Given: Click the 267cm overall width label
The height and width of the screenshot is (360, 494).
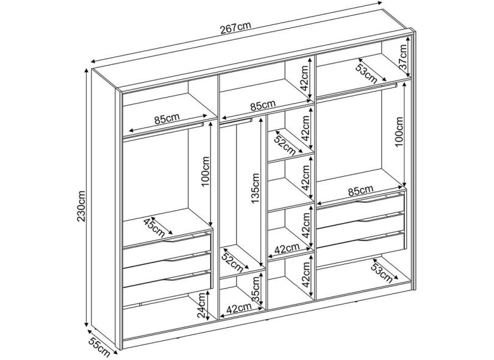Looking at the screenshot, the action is pyautogui.click(x=235, y=27).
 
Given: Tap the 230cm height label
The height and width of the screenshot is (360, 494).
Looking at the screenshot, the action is pyautogui.click(x=81, y=206).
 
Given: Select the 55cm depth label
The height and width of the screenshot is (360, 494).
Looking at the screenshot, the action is pyautogui.click(x=99, y=347).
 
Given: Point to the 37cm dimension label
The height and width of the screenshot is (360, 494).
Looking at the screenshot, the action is pyautogui.click(x=403, y=57).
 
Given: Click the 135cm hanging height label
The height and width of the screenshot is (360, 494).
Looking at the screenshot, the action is pyautogui.click(x=255, y=189).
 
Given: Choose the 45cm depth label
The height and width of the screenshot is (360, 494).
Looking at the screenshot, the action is pyautogui.click(x=154, y=227).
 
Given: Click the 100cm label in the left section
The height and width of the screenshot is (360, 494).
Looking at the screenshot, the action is pyautogui.click(x=205, y=171).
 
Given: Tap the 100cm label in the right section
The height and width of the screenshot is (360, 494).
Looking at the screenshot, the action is pyautogui.click(x=399, y=131).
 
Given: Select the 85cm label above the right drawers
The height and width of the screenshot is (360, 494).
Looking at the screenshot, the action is pyautogui.click(x=360, y=191).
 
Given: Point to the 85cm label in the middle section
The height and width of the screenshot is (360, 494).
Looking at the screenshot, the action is pyautogui.click(x=262, y=105).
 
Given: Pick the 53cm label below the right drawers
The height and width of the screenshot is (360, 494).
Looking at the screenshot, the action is pyautogui.click(x=382, y=273).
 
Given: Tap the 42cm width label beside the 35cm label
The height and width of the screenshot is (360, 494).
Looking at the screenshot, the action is pyautogui.click(x=239, y=308).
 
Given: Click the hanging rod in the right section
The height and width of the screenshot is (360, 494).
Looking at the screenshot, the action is pyautogui.click(x=357, y=90).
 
